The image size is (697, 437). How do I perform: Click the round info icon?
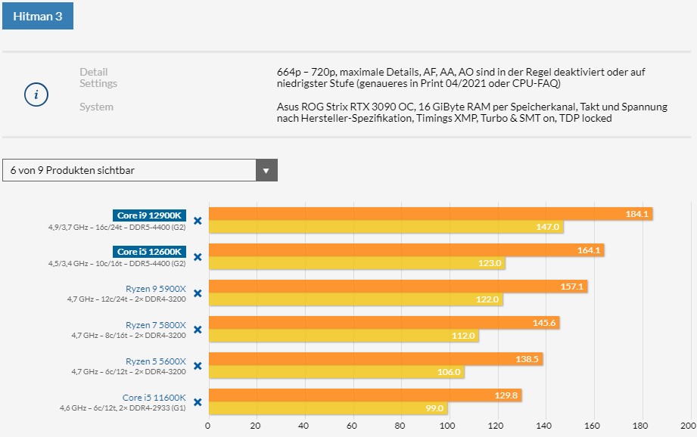36,95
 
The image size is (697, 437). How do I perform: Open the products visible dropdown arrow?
266,170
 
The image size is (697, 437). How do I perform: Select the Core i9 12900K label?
150,215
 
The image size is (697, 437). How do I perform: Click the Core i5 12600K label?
150,252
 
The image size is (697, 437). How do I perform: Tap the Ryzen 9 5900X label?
155,288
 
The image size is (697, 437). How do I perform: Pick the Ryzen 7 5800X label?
155,324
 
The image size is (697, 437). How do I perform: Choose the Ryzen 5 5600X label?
155,361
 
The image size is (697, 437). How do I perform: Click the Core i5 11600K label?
154,397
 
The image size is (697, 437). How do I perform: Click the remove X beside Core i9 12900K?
198,221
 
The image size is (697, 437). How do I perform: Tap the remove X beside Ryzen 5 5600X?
198,366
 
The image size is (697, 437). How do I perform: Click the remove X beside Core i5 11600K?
198,402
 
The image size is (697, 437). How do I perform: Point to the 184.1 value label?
637,214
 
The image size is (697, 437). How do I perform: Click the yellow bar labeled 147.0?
386,227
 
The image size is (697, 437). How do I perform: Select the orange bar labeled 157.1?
397,287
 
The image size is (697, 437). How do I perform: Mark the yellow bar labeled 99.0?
328,408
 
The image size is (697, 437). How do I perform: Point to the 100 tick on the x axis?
449,425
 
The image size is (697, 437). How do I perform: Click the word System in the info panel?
96,107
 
